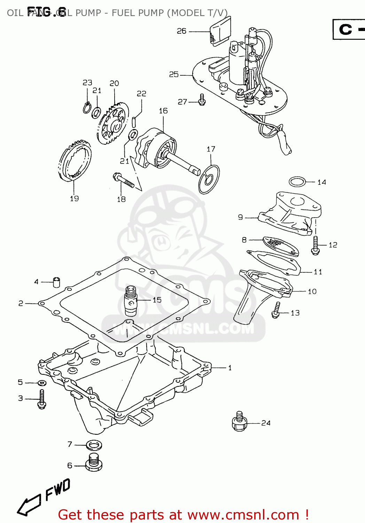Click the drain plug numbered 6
pos(94,463)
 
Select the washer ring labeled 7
pos(94,445)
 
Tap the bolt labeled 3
pos(42,400)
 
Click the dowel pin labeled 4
pos(56,282)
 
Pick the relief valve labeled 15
pos(130,300)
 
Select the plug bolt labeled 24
pos(239,422)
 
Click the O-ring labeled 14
pos(297,182)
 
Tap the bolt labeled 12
pos(316,245)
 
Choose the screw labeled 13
pos(276,310)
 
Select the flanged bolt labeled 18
pos(123,180)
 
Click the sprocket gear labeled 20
pos(112,124)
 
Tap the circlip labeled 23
pos(87,108)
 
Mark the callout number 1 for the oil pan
pos(230,368)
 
